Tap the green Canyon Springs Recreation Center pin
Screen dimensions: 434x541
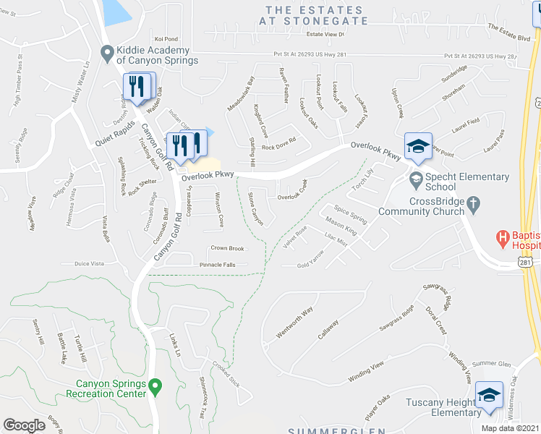coord(155,388)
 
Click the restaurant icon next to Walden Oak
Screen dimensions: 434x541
coord(135,88)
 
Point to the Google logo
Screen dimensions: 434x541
coord(24,425)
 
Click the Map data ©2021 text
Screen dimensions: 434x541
coord(510,428)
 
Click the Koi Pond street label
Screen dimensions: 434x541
coord(166,39)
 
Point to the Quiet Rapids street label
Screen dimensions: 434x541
coord(114,132)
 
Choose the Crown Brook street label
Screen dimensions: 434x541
coord(227,248)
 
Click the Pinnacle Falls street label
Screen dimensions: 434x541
coord(218,265)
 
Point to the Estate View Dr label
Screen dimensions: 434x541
coord(326,34)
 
